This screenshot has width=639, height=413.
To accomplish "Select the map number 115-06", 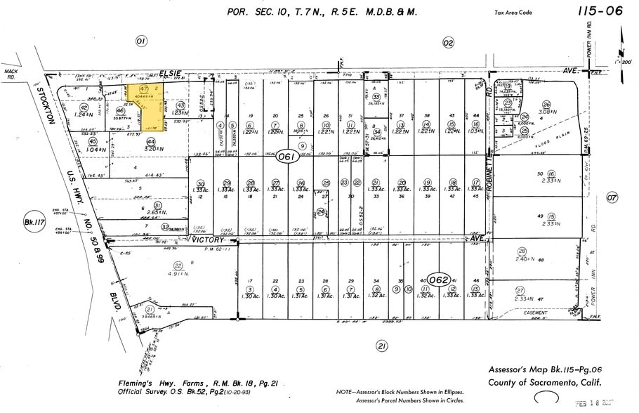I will click(600, 11).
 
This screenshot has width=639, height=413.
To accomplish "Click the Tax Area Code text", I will click(518, 12).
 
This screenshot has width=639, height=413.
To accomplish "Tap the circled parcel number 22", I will click(178, 265).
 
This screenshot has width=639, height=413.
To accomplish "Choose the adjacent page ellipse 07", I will click(612, 197).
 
